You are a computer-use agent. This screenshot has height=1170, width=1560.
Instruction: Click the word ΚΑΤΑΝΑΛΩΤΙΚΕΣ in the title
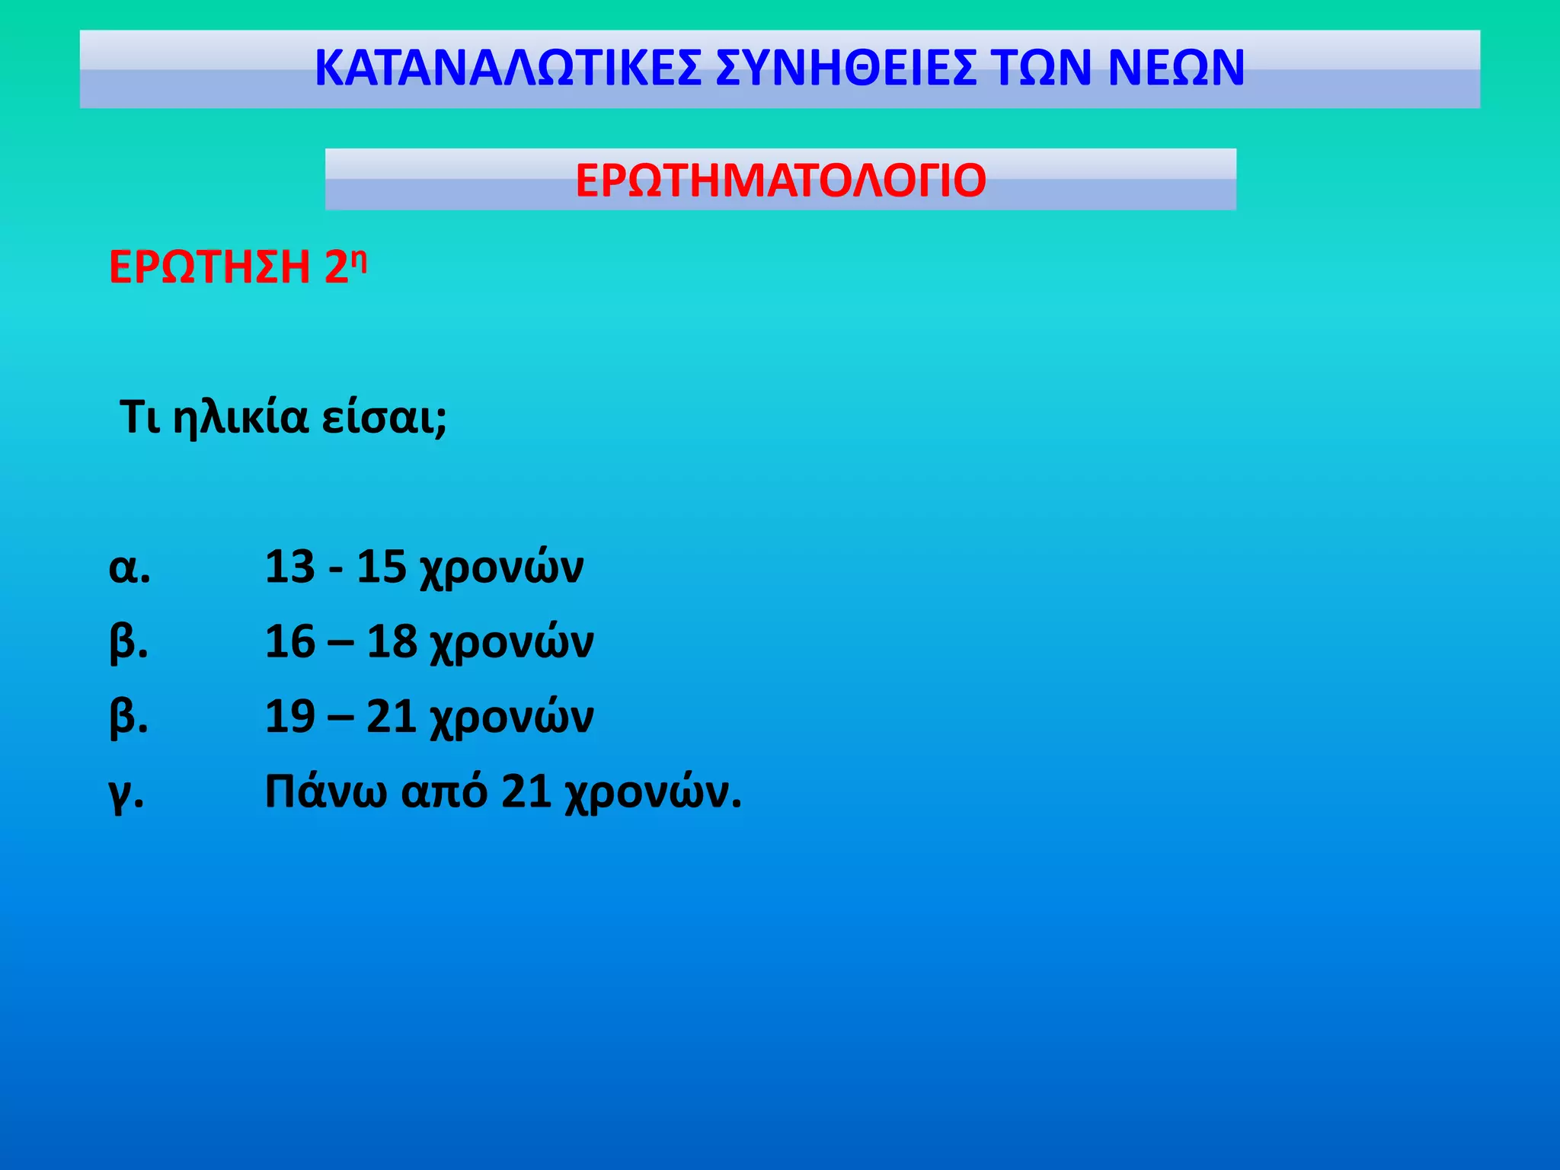tap(507, 69)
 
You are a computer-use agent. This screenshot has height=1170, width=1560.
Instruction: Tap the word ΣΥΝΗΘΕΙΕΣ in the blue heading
tap(846, 69)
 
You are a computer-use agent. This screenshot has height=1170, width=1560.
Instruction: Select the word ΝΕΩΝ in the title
tap(1176, 69)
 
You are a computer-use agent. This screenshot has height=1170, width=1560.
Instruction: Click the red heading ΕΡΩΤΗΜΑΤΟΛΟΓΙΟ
tap(781, 181)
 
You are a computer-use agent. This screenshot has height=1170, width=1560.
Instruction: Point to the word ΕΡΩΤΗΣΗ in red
tap(209, 267)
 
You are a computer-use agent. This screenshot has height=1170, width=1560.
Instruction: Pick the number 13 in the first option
tap(289, 567)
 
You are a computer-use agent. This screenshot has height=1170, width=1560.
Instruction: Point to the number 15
tap(381, 567)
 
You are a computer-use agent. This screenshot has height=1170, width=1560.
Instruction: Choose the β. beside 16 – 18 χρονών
tap(129, 643)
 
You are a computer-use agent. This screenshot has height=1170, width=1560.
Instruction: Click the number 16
tap(289, 642)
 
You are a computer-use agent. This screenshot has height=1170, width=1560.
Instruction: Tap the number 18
tap(392, 642)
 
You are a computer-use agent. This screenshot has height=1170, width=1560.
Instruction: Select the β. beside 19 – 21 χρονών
tap(129, 718)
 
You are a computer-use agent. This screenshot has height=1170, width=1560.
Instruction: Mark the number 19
tap(289, 717)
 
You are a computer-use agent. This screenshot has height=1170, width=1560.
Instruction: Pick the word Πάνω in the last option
tap(325, 791)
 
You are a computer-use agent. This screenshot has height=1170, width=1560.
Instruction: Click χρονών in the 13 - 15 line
tap(502, 569)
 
